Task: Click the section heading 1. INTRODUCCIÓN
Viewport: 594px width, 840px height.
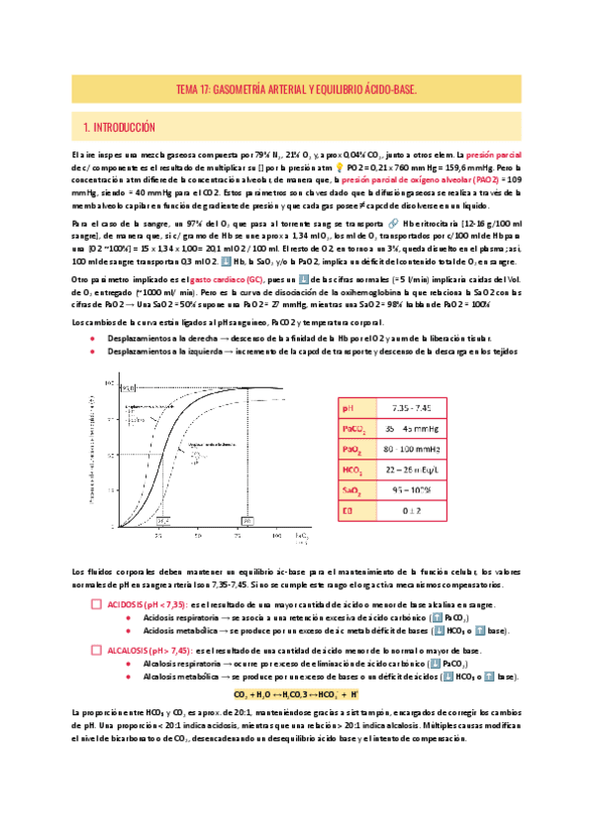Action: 121,127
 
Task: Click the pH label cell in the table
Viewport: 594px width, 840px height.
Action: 346,407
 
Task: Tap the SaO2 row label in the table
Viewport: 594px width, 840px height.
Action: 350,490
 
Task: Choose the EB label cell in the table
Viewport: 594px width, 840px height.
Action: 346,511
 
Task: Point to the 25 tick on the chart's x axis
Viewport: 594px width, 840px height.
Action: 157,536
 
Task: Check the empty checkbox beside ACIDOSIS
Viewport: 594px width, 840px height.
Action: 96,604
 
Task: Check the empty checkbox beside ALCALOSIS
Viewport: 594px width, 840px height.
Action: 96,650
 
